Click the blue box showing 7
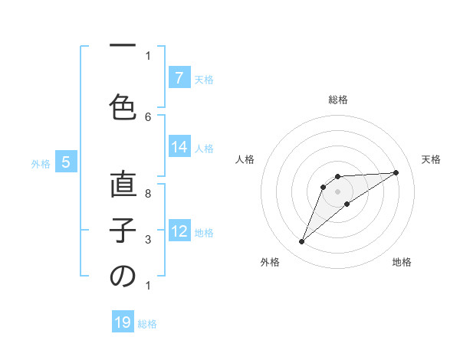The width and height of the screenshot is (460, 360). tap(179, 78)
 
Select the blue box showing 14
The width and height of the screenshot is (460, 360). tap(179, 147)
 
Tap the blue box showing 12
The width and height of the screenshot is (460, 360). tap(179, 231)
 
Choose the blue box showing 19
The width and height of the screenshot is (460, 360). tap(123, 322)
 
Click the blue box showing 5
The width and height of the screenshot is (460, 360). tap(66, 162)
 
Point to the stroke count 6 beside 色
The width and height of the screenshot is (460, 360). tap(148, 116)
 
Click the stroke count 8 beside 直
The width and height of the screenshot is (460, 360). tap(148, 193)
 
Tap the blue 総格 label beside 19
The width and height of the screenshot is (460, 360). tap(147, 323)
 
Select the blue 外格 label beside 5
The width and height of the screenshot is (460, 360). tap(41, 163)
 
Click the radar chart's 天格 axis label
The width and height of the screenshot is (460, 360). tap(432, 159)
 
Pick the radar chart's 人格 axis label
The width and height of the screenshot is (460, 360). tap(245, 159)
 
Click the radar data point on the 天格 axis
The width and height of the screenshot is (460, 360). tap(396, 172)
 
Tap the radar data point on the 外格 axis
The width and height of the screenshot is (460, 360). tap(301, 242)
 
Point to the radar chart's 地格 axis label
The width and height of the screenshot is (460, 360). tap(402, 262)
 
